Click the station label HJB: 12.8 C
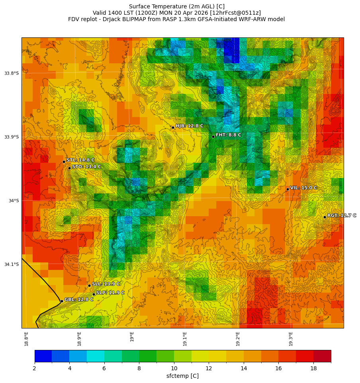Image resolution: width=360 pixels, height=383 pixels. [190, 126]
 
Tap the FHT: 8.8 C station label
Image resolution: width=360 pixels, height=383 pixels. [229, 135]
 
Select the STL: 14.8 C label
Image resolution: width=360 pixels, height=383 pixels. [80, 160]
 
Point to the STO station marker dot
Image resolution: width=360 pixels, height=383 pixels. [69, 168]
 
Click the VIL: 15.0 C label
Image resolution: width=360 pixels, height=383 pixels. [303, 188]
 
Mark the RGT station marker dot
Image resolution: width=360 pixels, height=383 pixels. [325, 217]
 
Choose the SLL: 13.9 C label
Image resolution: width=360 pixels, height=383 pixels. [106, 284]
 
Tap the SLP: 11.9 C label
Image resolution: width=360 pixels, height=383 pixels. [110, 293]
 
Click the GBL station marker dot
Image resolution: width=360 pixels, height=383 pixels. [62, 301]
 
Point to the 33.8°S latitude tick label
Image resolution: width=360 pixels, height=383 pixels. [12, 73]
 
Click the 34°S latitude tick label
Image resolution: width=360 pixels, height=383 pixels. [14, 201]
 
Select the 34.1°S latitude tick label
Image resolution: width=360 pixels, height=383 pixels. [12, 264]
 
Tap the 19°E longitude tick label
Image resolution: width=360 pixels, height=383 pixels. [132, 336]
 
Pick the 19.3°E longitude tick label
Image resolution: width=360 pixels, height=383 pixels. [291, 338]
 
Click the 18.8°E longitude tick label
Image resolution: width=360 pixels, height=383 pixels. [26, 338]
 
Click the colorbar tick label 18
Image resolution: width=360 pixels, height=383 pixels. [313, 368]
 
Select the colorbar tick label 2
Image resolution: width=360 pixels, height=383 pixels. [35, 368]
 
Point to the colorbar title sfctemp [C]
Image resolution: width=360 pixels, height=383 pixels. [182, 376]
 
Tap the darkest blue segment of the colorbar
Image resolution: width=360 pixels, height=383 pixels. [43, 356]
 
